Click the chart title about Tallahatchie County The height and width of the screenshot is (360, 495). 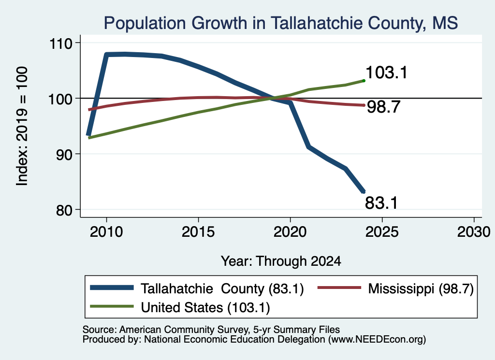click(281, 23)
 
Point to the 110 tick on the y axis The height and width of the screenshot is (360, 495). click(60, 43)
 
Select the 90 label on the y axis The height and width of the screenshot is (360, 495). click(64, 154)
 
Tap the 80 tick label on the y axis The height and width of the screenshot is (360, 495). click(64, 210)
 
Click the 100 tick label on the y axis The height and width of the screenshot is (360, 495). click(60, 99)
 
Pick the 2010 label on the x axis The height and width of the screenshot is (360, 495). click(106, 232)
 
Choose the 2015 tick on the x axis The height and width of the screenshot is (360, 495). click(198, 232)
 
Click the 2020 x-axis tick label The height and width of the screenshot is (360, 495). click(290, 232)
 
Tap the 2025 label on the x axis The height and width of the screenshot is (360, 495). click(382, 232)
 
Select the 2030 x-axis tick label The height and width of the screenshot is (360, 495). click(474, 232)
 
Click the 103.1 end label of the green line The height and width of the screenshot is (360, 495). click(386, 72)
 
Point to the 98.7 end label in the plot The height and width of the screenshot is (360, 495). click(383, 107)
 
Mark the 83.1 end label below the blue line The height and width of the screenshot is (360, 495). click(381, 202)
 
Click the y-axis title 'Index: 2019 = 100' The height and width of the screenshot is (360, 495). click(22, 126)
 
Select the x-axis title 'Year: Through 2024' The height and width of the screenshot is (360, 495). click(281, 261)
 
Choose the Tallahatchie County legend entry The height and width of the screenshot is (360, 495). click(197, 288)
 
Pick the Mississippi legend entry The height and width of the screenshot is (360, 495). click(395, 288)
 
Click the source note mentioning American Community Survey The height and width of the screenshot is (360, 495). click(211, 330)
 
